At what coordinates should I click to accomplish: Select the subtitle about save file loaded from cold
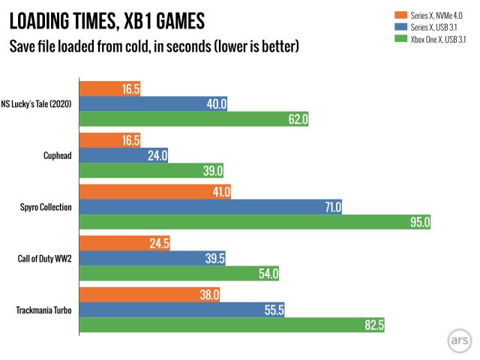click(x=154, y=46)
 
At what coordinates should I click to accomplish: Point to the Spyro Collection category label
click(x=44, y=207)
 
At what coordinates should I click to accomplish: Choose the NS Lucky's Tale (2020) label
click(x=37, y=104)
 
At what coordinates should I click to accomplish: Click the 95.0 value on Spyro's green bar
click(x=419, y=221)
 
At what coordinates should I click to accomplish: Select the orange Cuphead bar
click(x=109, y=140)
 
